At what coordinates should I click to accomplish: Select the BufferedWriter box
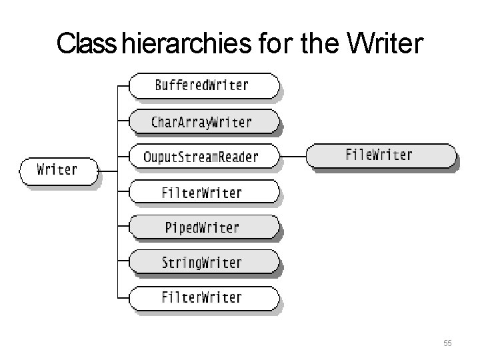tap(202, 85)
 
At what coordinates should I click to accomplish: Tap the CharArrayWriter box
tap(202, 122)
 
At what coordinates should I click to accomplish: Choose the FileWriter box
tap(380, 156)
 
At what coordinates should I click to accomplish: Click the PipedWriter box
tap(202, 227)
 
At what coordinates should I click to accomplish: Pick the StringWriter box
tap(202, 262)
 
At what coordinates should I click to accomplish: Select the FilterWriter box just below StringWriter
tap(202, 297)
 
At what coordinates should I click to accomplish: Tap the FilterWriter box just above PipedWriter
tap(202, 193)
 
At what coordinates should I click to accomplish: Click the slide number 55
tap(447, 343)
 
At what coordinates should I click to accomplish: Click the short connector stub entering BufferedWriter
tap(122, 85)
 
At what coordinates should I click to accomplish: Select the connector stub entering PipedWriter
tap(122, 227)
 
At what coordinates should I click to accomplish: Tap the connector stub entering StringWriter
tap(122, 262)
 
